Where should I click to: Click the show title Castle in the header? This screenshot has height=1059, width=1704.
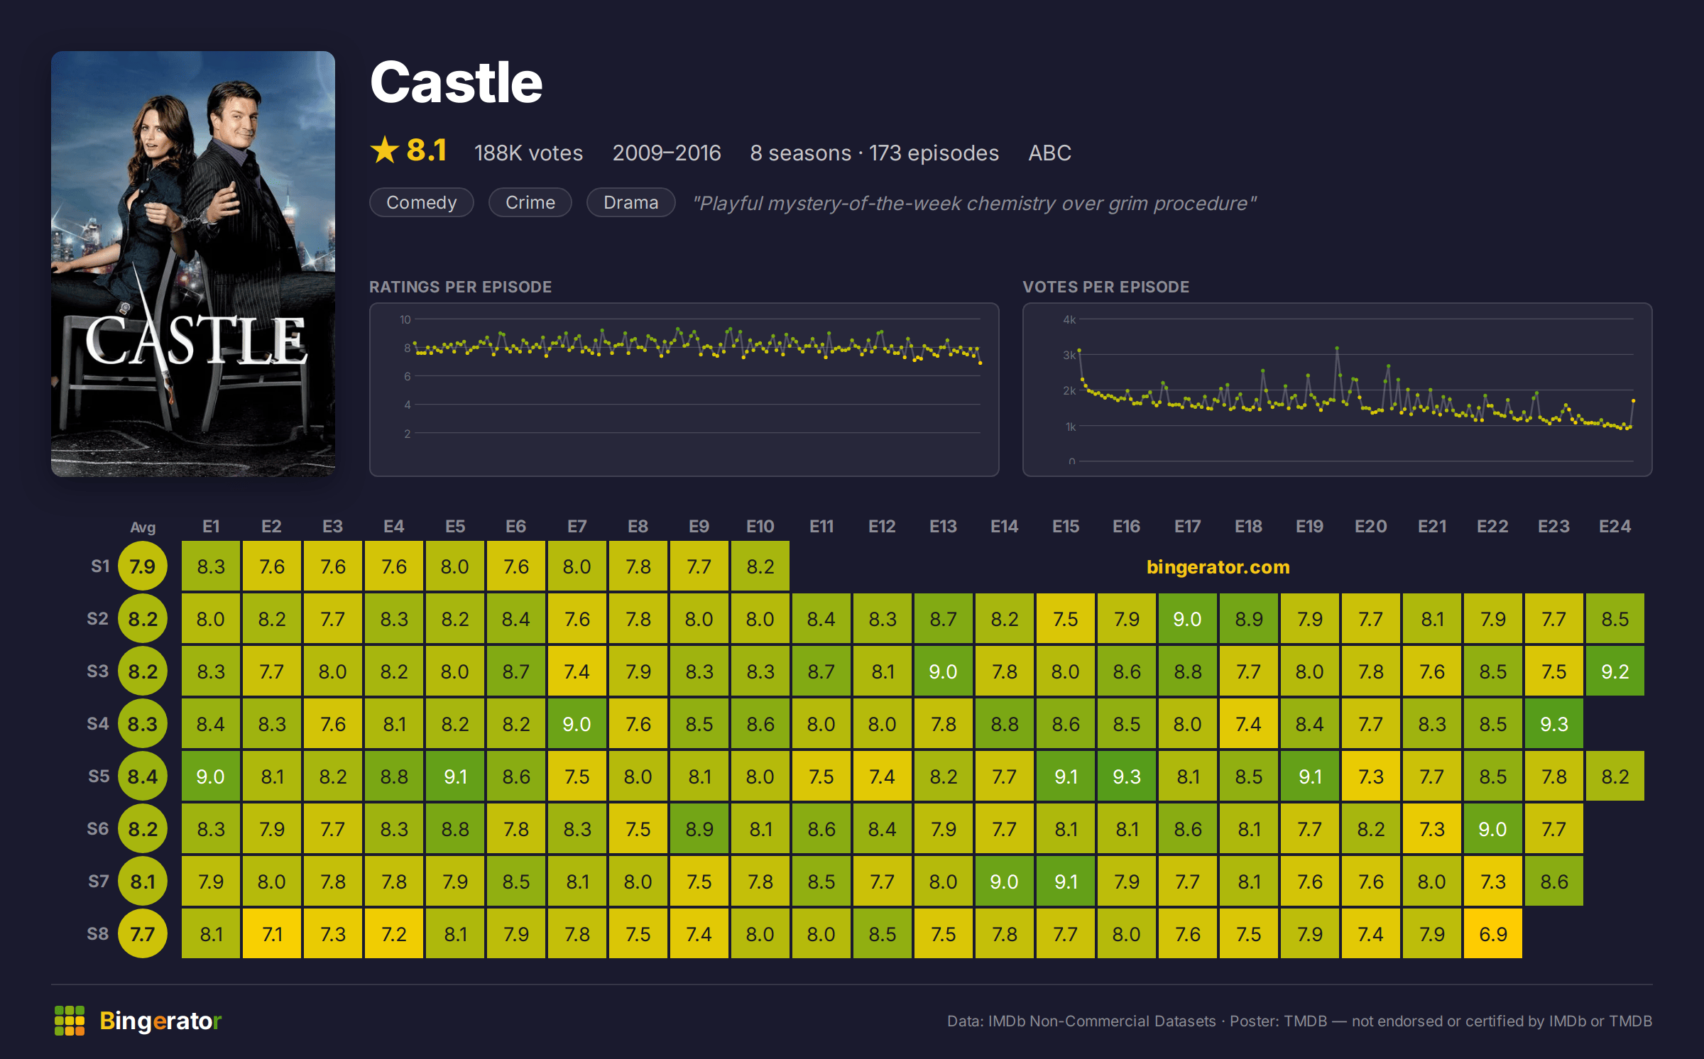(457, 82)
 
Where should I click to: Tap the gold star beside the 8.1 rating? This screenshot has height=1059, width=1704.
(385, 150)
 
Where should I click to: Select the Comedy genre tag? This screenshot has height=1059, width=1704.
(422, 203)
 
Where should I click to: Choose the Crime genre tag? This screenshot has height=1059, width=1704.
(530, 203)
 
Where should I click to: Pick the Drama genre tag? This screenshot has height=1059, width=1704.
(631, 203)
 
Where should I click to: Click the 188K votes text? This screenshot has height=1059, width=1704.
(528, 153)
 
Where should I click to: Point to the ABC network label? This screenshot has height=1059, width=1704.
(1050, 153)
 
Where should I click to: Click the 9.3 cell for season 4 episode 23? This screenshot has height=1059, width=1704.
(1554, 724)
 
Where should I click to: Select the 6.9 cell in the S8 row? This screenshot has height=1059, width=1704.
(1493, 934)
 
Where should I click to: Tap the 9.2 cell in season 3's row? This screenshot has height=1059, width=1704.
(1615, 671)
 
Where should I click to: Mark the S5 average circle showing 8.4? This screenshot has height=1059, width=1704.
(143, 777)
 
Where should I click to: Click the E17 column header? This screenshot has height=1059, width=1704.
(1188, 527)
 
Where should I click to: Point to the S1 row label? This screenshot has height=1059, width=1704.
(100, 566)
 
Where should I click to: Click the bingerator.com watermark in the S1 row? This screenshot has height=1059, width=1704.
(1218, 567)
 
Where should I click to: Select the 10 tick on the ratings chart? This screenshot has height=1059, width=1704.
(405, 319)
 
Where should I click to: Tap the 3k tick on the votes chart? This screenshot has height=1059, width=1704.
(1069, 355)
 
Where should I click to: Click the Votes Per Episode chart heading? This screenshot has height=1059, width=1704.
(1106, 287)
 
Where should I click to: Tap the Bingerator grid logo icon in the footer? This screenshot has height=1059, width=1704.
(70, 1021)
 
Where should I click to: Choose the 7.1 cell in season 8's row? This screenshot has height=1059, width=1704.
(272, 934)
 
